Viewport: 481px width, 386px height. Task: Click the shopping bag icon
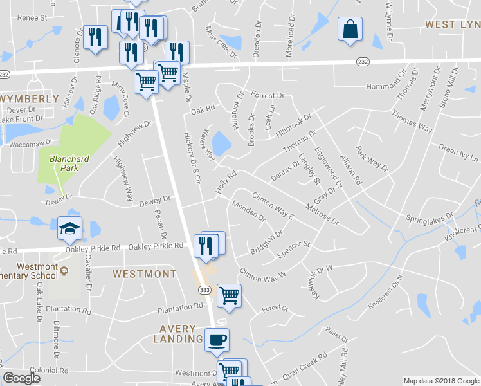point(350,30)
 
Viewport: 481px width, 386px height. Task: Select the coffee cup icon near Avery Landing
point(217,338)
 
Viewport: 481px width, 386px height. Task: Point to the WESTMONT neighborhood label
point(145,274)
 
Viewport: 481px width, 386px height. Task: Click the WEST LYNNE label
point(453,24)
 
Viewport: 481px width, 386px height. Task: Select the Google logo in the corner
point(21,378)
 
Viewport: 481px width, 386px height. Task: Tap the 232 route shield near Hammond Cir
point(363,60)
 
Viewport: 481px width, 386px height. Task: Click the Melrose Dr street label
point(322,216)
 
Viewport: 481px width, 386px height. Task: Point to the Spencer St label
point(293,249)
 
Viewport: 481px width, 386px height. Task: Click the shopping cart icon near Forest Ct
point(230,296)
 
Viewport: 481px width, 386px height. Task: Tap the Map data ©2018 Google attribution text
point(441,381)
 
